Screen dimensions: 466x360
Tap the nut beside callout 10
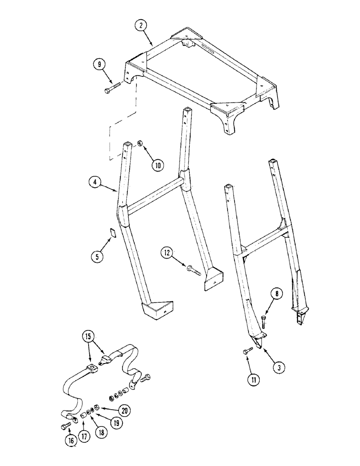[x=139, y=145]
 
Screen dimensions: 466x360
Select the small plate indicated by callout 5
[x=112, y=233]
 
